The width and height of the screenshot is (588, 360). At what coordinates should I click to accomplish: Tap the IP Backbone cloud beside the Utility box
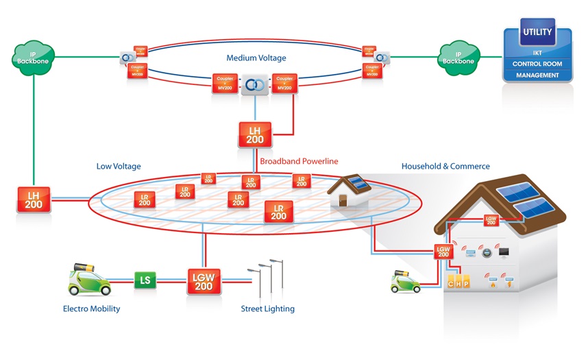[x=458, y=58]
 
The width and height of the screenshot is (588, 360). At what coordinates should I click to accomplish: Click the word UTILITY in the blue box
[x=538, y=32]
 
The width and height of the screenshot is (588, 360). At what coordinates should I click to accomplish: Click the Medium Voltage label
[x=256, y=58]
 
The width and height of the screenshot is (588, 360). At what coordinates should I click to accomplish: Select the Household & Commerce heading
[x=445, y=166]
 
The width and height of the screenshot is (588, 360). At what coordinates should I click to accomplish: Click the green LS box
[x=145, y=280]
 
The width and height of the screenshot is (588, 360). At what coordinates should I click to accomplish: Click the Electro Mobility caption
[x=91, y=309]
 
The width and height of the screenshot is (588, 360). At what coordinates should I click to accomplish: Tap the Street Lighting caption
[x=267, y=309]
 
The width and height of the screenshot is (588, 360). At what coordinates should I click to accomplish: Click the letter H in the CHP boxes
[x=459, y=283]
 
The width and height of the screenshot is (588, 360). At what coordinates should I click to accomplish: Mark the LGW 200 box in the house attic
[x=490, y=220]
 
